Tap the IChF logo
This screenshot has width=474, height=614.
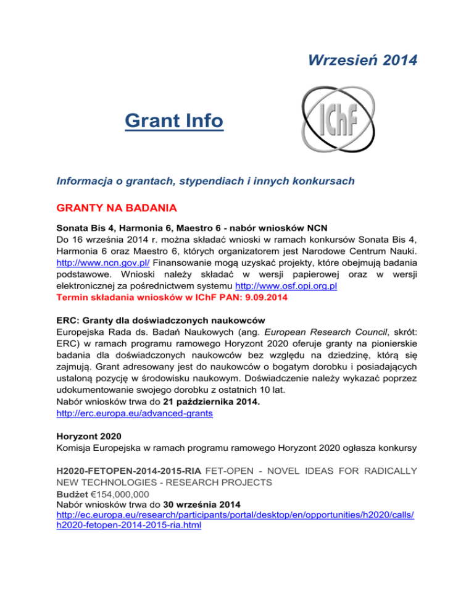[334, 119]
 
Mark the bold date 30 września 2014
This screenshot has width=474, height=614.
[200, 536]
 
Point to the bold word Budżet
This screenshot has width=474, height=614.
[73, 523]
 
